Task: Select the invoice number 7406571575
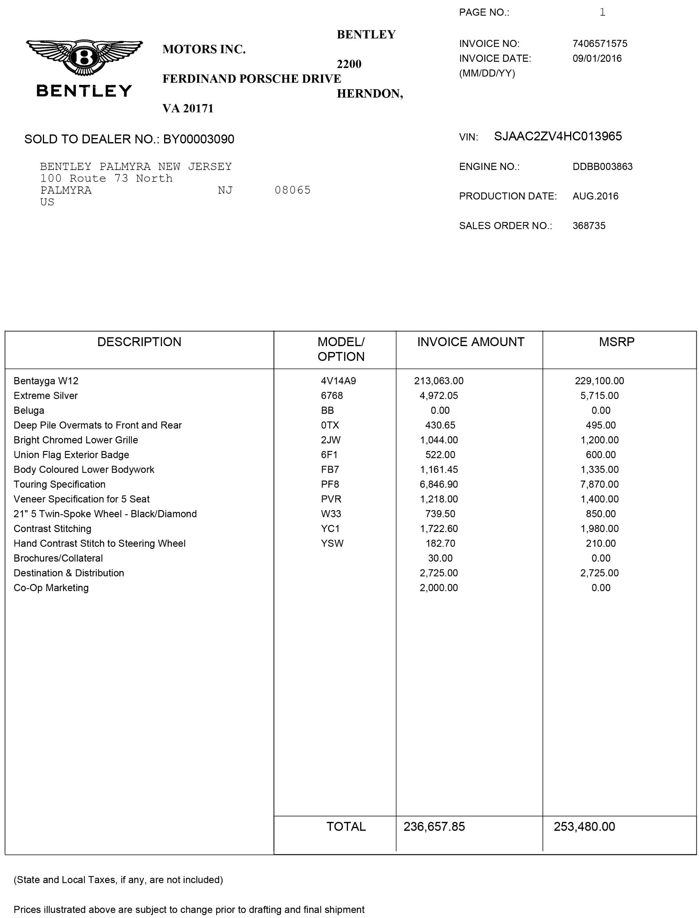600,44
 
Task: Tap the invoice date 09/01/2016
597,58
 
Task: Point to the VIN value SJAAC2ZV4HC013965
557,136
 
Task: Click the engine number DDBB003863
602,167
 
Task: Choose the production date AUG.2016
595,196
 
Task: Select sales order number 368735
589,226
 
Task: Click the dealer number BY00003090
198,139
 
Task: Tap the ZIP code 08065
292,190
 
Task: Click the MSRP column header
617,342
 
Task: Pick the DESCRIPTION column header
139,342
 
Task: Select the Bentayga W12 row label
46,381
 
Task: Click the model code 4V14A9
338,381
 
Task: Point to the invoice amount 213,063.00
439,381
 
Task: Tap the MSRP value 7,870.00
599,484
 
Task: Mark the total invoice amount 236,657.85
434,827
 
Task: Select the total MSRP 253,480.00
584,827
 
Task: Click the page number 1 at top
602,12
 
